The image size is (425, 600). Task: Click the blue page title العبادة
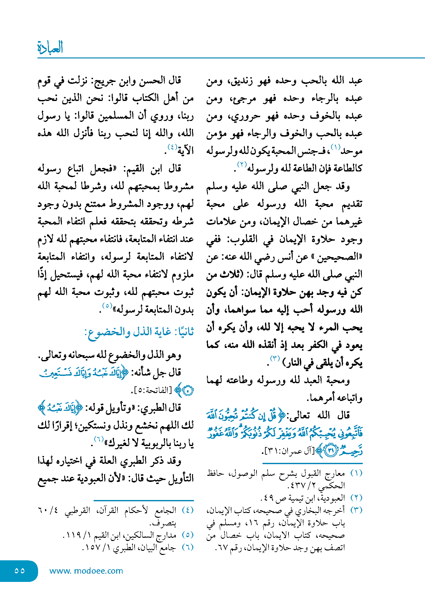[x=50, y=47]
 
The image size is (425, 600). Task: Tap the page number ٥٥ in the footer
[x=20, y=570]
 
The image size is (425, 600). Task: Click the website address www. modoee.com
[x=86, y=571]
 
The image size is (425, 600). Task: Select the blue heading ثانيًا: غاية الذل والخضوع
[x=139, y=332]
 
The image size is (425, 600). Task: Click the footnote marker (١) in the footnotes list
[x=356, y=473]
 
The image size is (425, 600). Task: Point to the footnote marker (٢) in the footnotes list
[x=356, y=497]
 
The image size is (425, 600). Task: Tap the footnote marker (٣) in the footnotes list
[x=356, y=510]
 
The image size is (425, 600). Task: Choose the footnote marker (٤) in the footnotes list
[x=188, y=510]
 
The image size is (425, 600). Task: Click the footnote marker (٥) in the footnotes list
[x=188, y=535]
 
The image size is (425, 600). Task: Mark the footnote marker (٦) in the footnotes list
[x=188, y=547]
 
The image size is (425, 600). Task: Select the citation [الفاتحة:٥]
[x=151, y=390]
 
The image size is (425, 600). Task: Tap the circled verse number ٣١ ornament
[x=331, y=451]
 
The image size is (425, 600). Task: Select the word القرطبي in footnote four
[x=78, y=510]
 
